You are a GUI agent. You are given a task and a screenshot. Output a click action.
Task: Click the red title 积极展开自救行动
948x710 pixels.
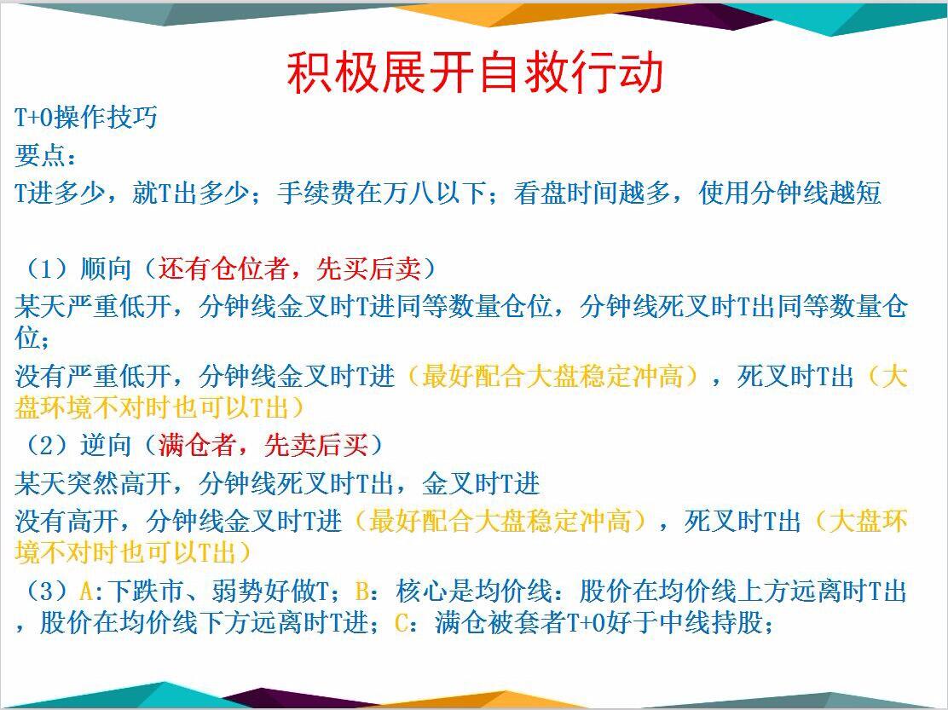[475, 73]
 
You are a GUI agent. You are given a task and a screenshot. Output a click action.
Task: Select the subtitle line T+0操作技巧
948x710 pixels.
[86, 117]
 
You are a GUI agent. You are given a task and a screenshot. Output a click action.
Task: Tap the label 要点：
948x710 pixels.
[46, 155]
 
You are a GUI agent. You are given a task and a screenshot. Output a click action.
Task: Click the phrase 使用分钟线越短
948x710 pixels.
[789, 193]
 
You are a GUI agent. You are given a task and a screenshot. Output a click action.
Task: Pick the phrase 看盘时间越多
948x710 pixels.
[592, 193]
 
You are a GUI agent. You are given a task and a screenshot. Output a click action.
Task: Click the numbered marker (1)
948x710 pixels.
[46, 268]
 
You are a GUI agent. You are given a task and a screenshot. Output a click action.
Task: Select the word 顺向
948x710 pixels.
[106, 268]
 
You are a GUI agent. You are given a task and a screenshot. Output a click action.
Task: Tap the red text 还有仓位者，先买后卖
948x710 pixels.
[290, 268]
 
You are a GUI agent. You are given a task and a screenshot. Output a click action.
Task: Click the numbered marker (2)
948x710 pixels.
[46, 445]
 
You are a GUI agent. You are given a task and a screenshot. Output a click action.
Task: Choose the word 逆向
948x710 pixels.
[106, 445]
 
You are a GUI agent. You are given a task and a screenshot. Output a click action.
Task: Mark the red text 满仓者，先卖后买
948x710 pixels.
[263, 445]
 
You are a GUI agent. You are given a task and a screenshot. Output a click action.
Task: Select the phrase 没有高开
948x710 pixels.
[66, 521]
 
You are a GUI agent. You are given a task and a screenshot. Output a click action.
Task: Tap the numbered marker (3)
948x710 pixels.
[46, 591]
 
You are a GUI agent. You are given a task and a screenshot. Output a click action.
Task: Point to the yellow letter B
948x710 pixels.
[361, 591]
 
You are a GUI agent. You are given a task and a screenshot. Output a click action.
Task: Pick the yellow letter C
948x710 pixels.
[402, 622]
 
